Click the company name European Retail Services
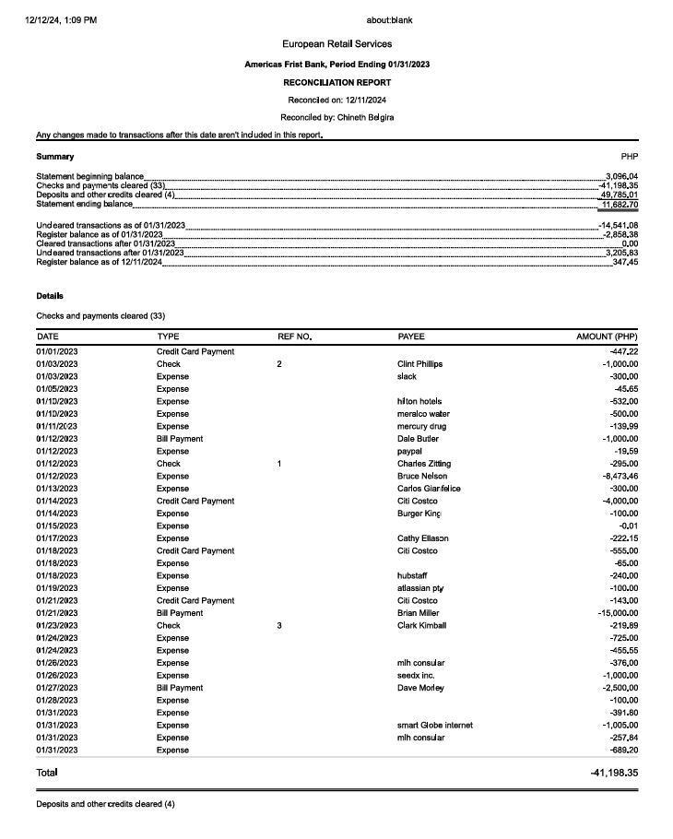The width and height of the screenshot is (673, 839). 336,44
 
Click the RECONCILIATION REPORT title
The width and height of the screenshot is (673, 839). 336,82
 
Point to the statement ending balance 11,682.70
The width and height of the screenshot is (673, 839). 620,204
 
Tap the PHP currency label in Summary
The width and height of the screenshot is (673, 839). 631,157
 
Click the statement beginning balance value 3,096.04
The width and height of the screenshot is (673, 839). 622,176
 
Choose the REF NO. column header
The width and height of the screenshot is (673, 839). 295,337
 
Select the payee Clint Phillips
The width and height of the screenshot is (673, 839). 419,364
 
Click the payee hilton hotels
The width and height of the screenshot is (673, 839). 419,401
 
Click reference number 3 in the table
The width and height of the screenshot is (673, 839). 279,625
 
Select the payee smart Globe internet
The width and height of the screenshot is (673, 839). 434,725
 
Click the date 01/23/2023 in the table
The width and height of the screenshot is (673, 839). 57,625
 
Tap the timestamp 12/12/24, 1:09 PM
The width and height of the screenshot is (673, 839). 61,20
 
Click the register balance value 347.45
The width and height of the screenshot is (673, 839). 624,263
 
